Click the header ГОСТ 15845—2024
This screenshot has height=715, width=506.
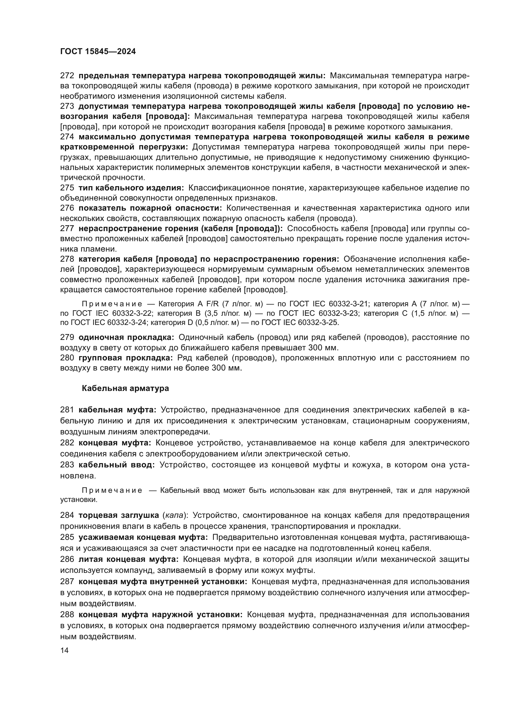click(98, 52)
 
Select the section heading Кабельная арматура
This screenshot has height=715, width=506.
click(125, 388)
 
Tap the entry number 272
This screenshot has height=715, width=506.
click(67, 76)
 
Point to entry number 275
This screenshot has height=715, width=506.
click(67, 188)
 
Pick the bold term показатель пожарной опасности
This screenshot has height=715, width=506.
click(150, 208)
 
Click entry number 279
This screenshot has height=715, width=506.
click(67, 337)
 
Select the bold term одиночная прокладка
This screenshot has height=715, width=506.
click(126, 337)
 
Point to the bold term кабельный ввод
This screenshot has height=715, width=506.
click(116, 465)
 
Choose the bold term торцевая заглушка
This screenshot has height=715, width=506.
click(119, 515)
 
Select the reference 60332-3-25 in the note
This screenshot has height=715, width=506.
click(318, 322)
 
